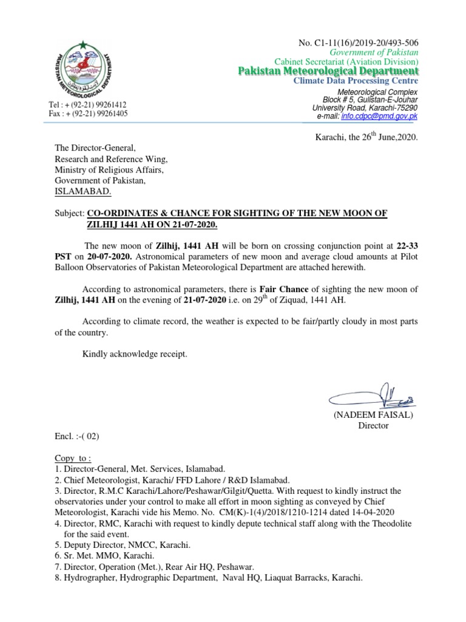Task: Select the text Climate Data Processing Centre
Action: click(356, 81)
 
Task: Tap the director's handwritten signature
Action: click(372, 397)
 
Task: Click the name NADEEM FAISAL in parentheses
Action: click(373, 415)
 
